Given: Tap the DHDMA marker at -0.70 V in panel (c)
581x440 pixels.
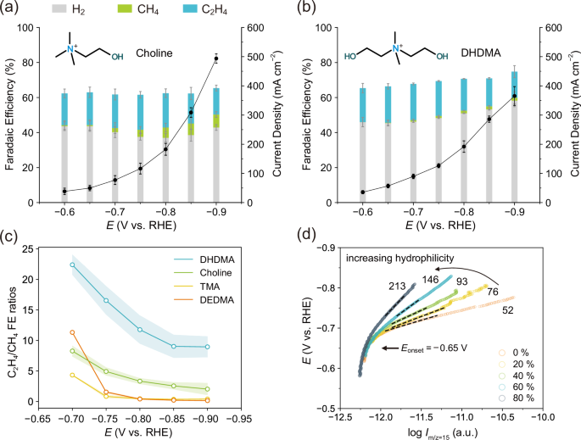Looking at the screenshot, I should click(72, 265).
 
